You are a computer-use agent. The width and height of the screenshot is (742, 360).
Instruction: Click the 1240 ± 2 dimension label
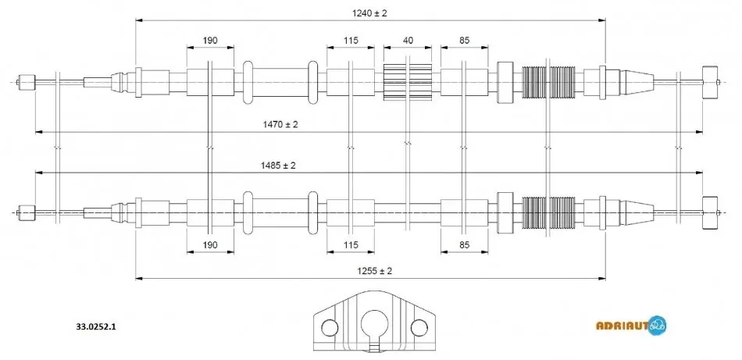pyautogui.click(x=369, y=13)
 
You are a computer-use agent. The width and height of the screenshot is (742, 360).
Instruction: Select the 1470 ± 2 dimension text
pyautogui.click(x=280, y=124)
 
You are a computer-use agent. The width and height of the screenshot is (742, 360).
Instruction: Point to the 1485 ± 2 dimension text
pyautogui.click(x=278, y=166)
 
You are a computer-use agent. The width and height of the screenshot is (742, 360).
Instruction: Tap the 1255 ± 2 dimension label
pyautogui.click(x=374, y=271)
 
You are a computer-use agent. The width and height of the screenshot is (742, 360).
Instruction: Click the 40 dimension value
pyautogui.click(x=408, y=40)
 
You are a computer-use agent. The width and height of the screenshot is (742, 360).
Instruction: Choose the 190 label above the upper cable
pyautogui.click(x=210, y=40)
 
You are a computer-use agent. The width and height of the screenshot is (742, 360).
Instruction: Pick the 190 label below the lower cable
pyautogui.click(x=210, y=244)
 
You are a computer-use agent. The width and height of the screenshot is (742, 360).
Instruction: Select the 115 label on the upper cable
pyautogui.click(x=351, y=40)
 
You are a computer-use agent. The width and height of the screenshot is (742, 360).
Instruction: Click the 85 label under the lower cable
pyautogui.click(x=464, y=244)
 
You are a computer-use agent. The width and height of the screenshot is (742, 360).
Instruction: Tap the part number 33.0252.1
pyautogui.click(x=96, y=326)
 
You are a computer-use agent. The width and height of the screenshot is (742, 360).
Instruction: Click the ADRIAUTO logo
pyautogui.click(x=631, y=326)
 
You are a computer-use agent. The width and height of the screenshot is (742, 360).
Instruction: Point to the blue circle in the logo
pyautogui.click(x=658, y=326)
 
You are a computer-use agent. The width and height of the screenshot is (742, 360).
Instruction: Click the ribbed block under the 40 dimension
pyautogui.click(x=408, y=82)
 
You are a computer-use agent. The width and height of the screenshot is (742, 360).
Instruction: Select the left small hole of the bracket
pyautogui.click(x=330, y=326)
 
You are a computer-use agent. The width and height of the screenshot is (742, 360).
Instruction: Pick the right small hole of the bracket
pyautogui.click(x=419, y=326)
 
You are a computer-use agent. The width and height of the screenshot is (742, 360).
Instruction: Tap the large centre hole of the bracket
pyautogui.click(x=374, y=324)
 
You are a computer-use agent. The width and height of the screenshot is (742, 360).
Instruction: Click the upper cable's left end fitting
pyautogui.click(x=27, y=82)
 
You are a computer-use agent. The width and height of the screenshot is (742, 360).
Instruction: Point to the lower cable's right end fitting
pyautogui.click(x=710, y=212)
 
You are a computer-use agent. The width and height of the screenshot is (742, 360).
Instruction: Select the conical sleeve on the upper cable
pyautogui.click(x=637, y=82)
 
